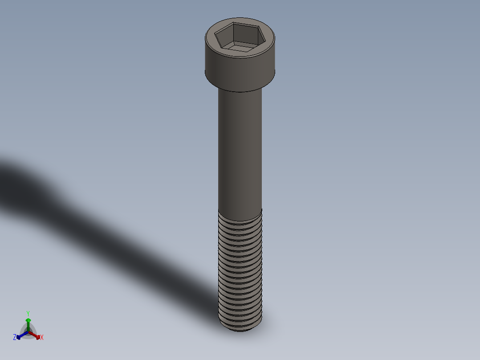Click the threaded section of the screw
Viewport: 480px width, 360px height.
click(x=240, y=267)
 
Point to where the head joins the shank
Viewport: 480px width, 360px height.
click(x=240, y=91)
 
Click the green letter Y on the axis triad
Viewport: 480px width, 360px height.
click(x=28, y=313)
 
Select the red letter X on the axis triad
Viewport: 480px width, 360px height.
click(x=42, y=338)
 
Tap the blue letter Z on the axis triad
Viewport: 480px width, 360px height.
click(x=15, y=338)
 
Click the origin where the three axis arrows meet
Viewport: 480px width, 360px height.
click(x=28, y=332)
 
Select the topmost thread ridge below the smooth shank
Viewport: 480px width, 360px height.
click(x=240, y=216)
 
